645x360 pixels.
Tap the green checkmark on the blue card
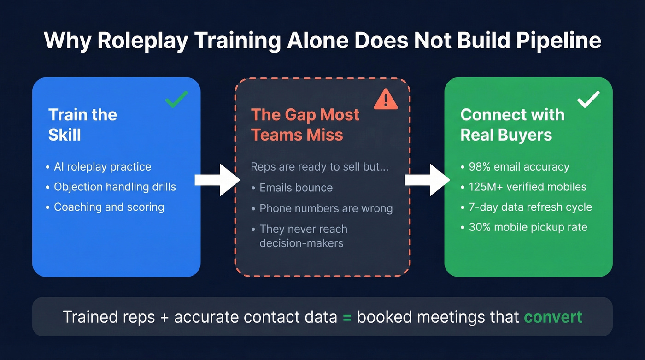pos(176,99)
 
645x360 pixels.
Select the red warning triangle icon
pos(386,99)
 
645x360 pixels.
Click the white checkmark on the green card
pos(588,99)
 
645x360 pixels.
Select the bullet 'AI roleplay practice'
pos(102,167)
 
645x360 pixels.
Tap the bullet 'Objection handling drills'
pos(115,187)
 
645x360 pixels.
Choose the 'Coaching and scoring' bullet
pos(109,207)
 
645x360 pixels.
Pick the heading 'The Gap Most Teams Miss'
pos(305,124)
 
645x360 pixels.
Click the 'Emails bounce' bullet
pos(296,188)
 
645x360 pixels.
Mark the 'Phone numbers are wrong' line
pos(326,208)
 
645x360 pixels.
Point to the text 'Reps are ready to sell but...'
pos(319,166)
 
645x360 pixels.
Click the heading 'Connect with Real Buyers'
pos(512,124)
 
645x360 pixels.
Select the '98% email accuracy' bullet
pos(519,167)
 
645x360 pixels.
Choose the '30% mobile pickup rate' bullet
pos(528,227)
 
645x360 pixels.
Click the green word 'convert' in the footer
pos(553,317)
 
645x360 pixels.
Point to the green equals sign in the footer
pos(347,318)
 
